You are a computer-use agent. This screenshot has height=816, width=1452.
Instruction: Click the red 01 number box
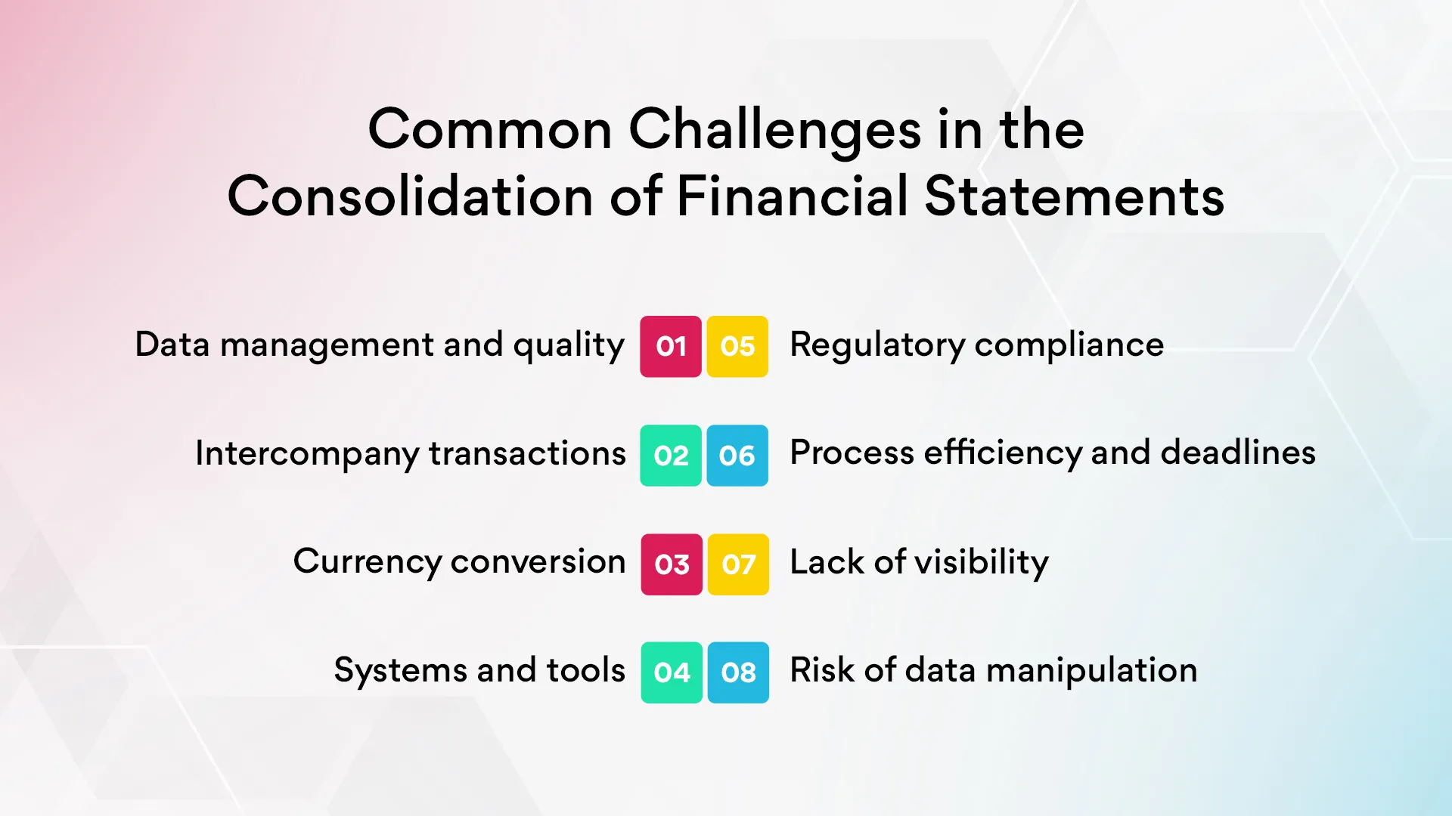click(671, 346)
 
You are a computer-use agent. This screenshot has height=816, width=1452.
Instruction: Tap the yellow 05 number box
click(737, 346)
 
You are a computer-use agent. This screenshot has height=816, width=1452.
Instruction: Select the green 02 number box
click(671, 455)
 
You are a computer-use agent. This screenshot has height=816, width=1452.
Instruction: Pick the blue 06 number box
click(737, 455)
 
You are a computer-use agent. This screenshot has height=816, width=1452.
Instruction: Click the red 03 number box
click(672, 564)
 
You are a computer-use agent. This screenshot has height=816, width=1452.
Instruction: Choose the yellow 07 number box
click(738, 564)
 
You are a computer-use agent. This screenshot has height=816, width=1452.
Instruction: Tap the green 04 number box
click(672, 672)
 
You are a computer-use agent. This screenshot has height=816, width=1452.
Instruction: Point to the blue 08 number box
click(738, 672)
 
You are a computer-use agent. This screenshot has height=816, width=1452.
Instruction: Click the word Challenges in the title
click(774, 130)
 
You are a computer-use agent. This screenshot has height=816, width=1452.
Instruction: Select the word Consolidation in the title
click(410, 196)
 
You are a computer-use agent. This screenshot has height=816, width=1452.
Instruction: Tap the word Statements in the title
click(1074, 196)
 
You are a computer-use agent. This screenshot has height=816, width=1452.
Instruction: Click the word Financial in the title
click(791, 196)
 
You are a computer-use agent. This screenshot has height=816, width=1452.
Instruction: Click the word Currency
click(367, 562)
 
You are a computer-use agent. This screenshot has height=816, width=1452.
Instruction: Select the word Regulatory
click(877, 345)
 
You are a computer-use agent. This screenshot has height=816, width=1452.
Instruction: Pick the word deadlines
click(1238, 453)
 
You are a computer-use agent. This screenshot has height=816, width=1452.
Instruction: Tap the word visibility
click(982, 562)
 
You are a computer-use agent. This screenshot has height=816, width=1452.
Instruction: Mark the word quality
click(569, 345)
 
